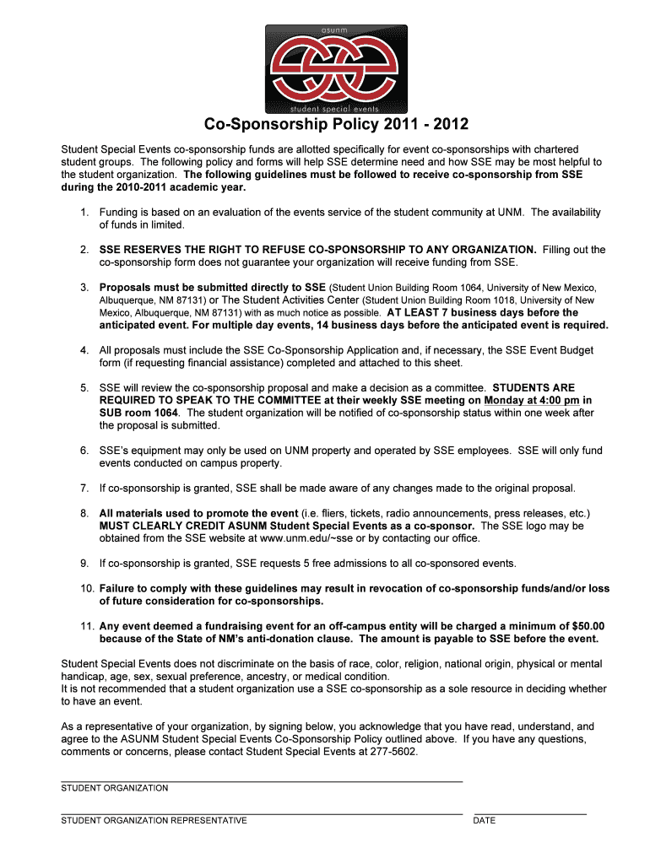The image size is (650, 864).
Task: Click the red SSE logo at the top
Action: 336,67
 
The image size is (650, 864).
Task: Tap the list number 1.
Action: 84,212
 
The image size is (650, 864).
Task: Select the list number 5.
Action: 84,387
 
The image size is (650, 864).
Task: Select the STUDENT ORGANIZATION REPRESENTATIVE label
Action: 154,820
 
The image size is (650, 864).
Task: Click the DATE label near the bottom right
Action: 484,820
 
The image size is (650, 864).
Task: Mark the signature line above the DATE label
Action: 529,813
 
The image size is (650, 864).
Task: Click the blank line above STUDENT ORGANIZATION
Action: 262,781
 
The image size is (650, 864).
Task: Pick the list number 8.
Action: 84,513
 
